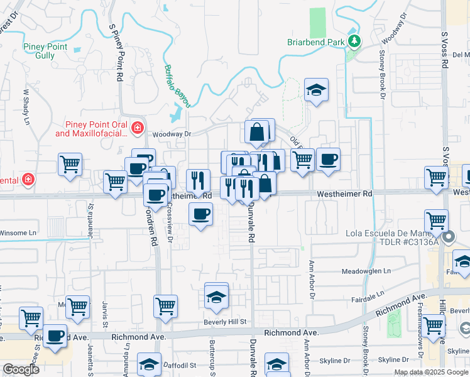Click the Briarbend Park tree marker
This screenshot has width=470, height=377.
354,41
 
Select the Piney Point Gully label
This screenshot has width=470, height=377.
48,50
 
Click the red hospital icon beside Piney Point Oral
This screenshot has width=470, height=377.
136,129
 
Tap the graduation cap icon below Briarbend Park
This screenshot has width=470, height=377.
317,90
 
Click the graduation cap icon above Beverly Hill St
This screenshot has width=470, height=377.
216,295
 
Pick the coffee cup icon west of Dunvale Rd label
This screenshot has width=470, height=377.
200,214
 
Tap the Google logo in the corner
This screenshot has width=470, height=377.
21,369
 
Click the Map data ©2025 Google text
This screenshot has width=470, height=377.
430,372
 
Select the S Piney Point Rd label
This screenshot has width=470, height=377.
116,53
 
